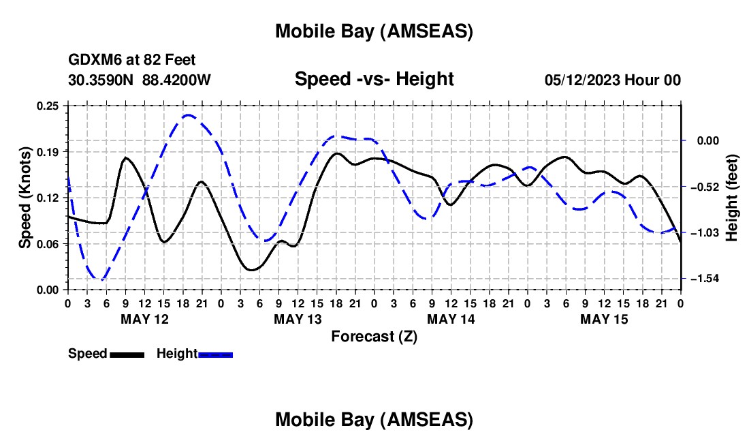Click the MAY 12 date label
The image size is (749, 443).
(x=144, y=319)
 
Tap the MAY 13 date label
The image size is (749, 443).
(x=298, y=319)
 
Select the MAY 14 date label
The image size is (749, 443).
(x=451, y=319)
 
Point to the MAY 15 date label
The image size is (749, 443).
(x=604, y=319)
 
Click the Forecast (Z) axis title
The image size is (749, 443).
(x=374, y=336)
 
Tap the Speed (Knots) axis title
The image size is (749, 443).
(x=25, y=197)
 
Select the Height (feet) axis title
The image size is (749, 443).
(x=732, y=197)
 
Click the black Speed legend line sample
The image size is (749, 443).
(x=127, y=354)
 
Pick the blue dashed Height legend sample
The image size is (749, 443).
(x=215, y=354)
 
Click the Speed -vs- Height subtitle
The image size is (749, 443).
(x=374, y=80)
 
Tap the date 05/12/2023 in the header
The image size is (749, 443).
(x=582, y=80)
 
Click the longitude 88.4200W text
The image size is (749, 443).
(x=176, y=80)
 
